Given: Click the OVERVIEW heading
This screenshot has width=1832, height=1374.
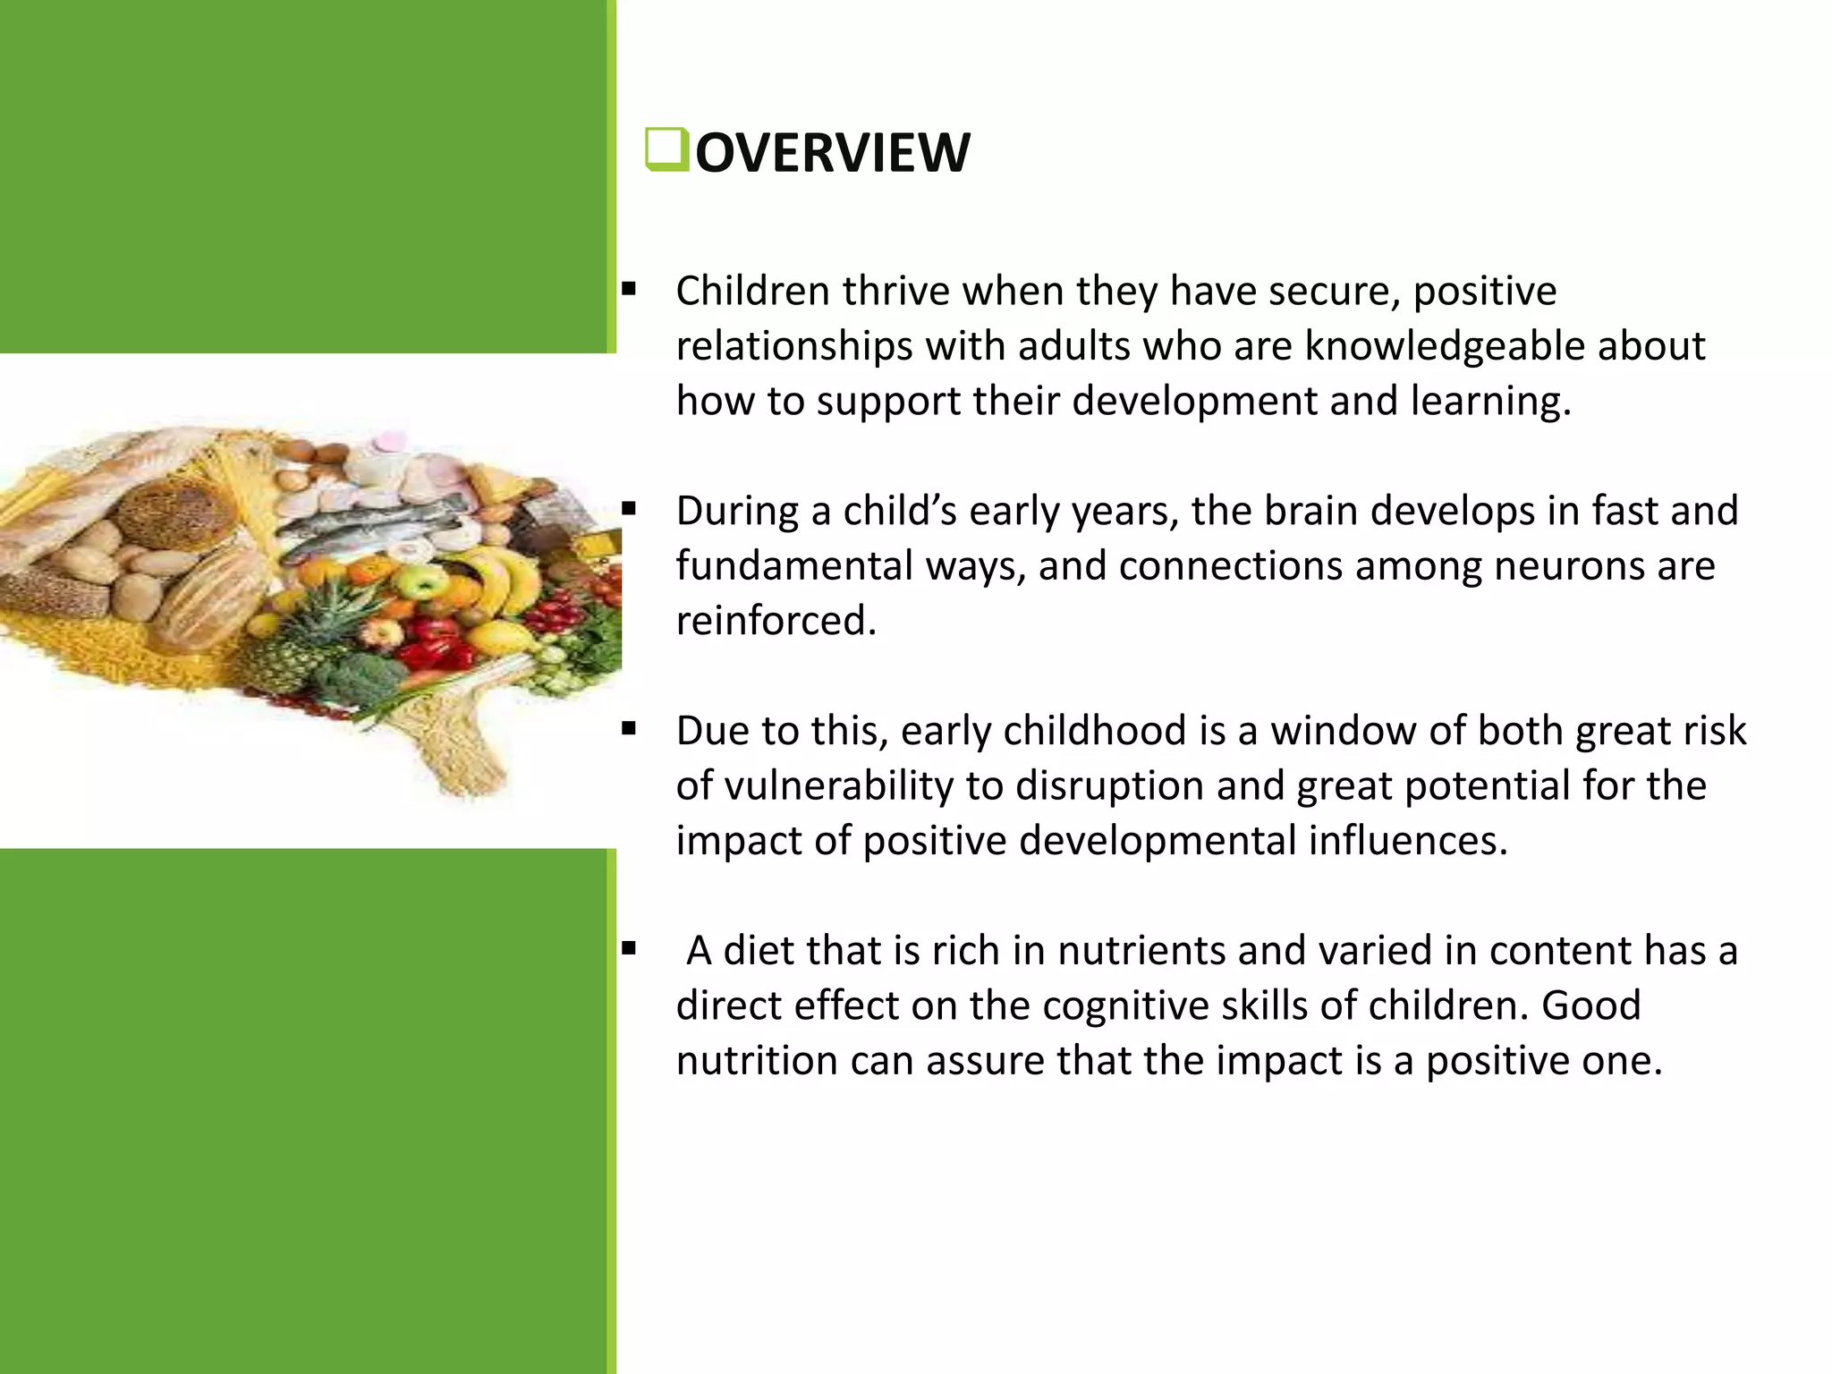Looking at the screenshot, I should [x=832, y=153].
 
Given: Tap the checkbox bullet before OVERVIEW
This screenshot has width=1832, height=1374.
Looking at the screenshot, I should [x=666, y=149].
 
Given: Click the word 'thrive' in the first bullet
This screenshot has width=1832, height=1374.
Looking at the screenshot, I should [x=895, y=292].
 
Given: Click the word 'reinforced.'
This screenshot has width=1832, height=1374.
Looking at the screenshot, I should [x=776, y=621].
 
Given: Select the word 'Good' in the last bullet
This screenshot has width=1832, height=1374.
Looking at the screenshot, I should [x=1590, y=1005].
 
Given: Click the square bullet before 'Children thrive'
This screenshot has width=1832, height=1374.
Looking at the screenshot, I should [x=629, y=290].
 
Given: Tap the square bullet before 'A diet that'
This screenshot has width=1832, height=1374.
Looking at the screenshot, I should [x=629, y=949].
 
